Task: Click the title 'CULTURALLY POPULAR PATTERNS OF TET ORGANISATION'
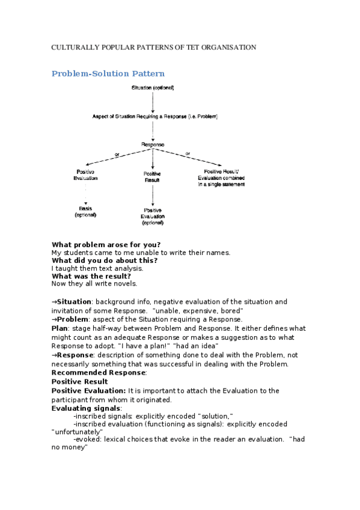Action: coord(154,47)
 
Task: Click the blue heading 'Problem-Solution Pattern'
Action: coord(108,73)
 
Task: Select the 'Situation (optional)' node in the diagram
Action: coord(153,88)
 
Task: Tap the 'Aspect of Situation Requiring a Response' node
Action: coord(155,116)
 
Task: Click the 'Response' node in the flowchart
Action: coord(153,144)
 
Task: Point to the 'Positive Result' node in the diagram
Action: coord(153,177)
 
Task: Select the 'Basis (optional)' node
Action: coord(85,212)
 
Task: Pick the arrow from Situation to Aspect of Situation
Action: coord(153,102)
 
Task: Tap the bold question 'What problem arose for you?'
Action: coord(106,244)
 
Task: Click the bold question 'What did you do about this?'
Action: coord(105,260)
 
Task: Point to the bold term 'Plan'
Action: coord(59,329)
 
